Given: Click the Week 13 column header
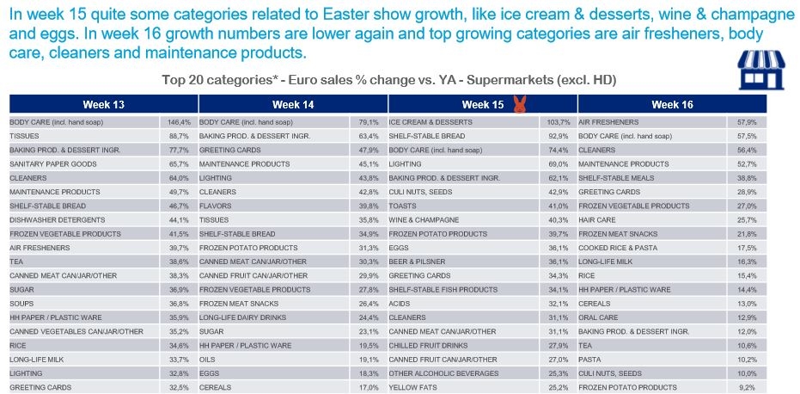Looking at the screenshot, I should pos(103,104).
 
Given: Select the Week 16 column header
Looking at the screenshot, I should pos(671,104).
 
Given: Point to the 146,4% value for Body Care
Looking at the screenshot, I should pos(178,122).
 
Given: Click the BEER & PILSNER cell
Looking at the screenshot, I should pos(416,262).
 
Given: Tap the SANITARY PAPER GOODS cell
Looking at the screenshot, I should pos(48,163).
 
